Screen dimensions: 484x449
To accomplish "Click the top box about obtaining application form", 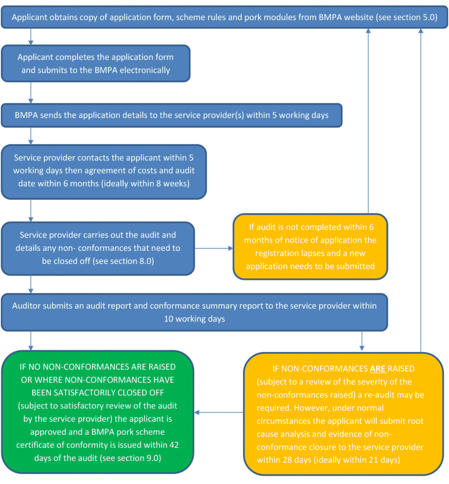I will click(224, 17).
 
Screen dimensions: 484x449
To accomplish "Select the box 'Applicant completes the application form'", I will click(96, 63).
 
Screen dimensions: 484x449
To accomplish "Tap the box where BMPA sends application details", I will click(171, 115).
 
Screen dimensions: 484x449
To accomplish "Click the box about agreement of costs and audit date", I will click(104, 171).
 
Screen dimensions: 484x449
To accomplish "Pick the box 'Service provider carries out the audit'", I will click(98, 248).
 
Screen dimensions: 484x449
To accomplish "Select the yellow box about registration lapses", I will click(310, 246).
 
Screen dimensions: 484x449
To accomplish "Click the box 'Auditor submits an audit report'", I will click(194, 312).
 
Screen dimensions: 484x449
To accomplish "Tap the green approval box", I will click(98, 412).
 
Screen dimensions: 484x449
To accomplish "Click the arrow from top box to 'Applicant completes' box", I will click(31, 36).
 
